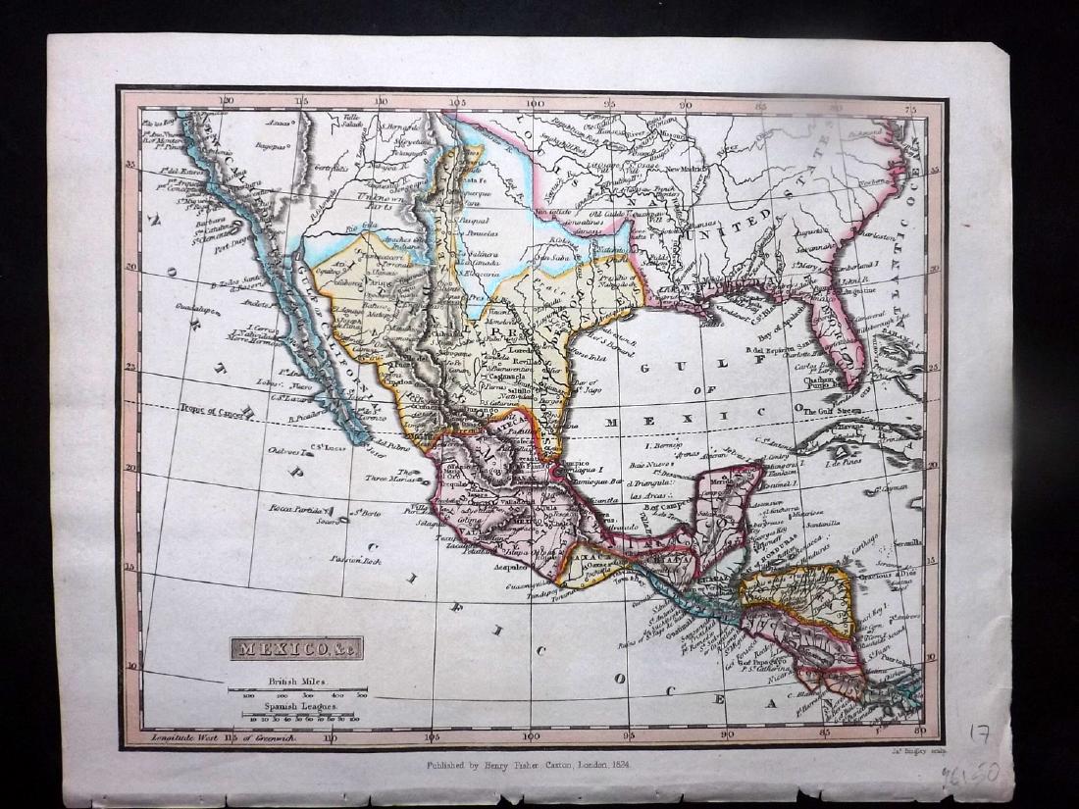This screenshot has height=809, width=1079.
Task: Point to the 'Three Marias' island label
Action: (385, 479)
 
